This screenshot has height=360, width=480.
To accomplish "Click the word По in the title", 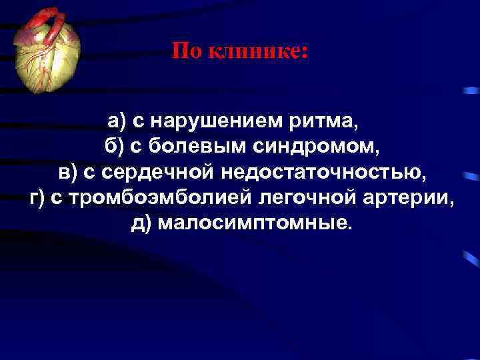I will (187, 51).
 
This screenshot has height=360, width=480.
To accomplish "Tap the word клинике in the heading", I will (257, 51).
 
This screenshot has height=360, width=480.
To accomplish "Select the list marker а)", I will (117, 121).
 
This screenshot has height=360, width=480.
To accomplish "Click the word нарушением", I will (209, 121).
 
